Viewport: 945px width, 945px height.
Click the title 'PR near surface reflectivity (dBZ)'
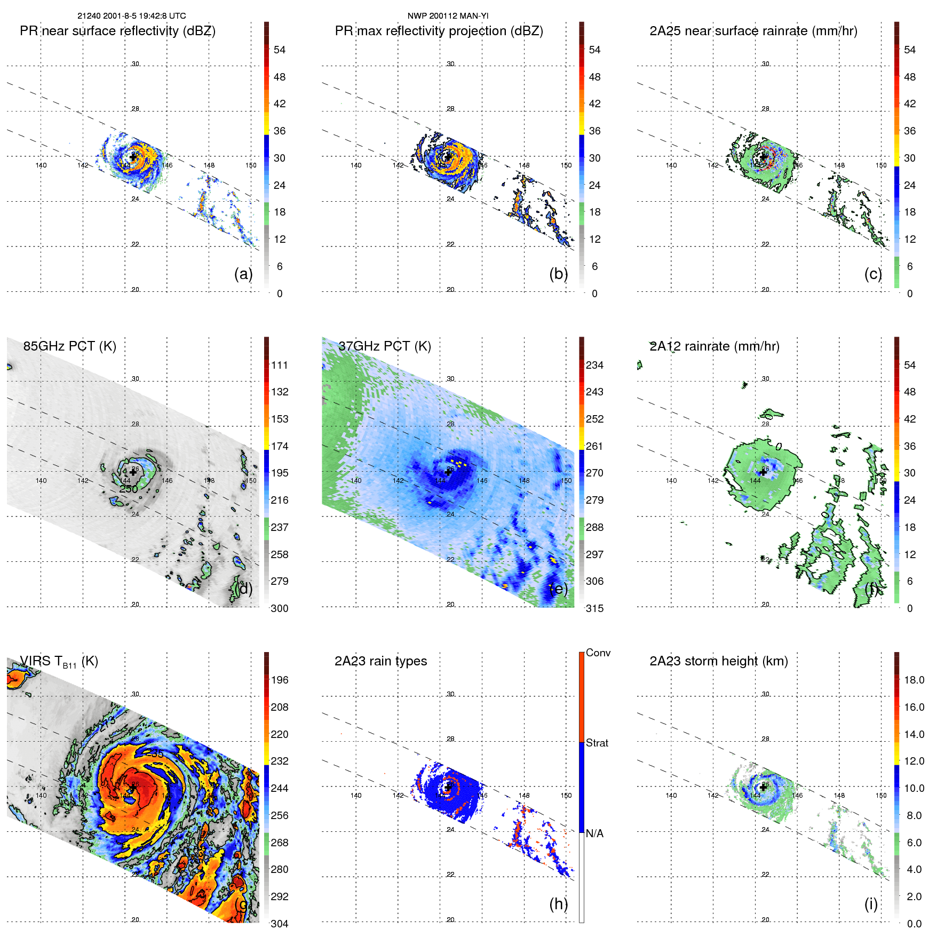[117, 31]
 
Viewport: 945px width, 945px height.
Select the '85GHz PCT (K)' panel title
[69, 346]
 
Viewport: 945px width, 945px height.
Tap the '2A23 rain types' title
[380, 661]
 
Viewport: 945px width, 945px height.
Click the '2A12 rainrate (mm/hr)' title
[714, 346]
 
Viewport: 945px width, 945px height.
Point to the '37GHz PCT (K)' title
[384, 346]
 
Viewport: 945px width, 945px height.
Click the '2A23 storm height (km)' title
[718, 661]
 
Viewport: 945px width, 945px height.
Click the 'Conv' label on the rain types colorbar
[598, 653]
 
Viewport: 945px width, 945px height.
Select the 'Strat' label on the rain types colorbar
[597, 743]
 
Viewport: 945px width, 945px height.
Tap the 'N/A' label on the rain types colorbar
[594, 833]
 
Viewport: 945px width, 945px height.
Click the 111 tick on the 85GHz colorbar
[279, 365]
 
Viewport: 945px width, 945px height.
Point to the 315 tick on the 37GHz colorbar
[594, 608]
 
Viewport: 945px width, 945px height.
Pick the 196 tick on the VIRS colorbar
[279, 680]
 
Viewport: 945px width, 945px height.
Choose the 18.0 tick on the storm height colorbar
[914, 680]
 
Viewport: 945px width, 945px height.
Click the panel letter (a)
[243, 274]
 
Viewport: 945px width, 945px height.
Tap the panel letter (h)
[558, 904]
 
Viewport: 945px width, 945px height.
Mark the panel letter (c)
[873, 274]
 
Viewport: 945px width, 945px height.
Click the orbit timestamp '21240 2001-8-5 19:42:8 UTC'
[131, 16]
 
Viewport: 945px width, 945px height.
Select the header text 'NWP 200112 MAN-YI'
[448, 16]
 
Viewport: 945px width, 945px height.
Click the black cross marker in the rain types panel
[448, 787]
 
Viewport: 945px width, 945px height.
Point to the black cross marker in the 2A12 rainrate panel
[763, 472]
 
